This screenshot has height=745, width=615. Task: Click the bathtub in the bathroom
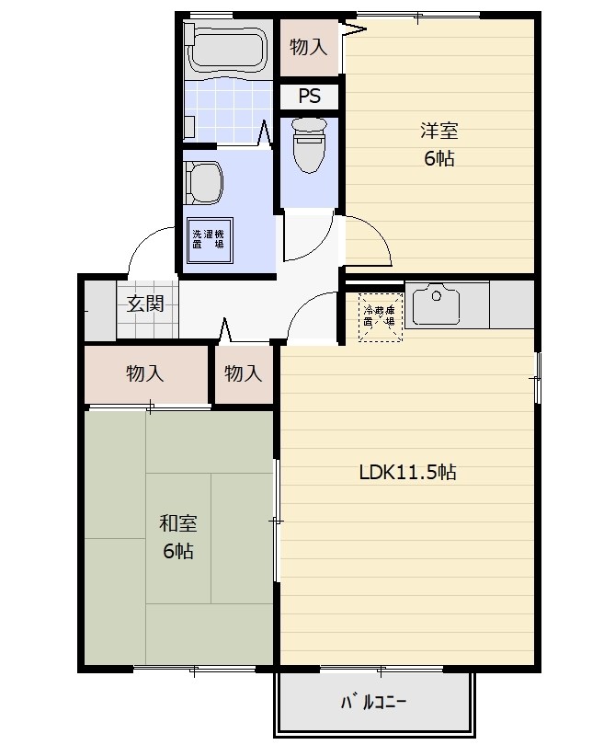pos(227,48)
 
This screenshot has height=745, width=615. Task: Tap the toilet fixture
pos(309,145)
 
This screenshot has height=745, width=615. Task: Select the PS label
pos(310,96)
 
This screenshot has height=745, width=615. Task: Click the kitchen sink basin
pos(436,304)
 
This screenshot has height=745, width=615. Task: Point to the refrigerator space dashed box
pos(381,317)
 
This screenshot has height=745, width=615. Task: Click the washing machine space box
pos(210,240)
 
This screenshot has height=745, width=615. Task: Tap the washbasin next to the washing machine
pos(203,183)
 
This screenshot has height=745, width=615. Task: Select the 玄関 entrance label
pos(145,304)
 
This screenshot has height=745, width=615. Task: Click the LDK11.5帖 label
pos(407,472)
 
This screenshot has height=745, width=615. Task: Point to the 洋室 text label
pos(438,131)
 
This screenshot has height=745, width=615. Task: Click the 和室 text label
pos(178,523)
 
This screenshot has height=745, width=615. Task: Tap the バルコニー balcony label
pos(373,703)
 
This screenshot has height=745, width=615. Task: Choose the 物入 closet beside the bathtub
pos(309,47)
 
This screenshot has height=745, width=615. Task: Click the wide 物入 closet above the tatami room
pos(145,374)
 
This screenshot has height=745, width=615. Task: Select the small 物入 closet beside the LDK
pos(244,374)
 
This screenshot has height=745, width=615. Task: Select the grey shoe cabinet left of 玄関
pos(100,311)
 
